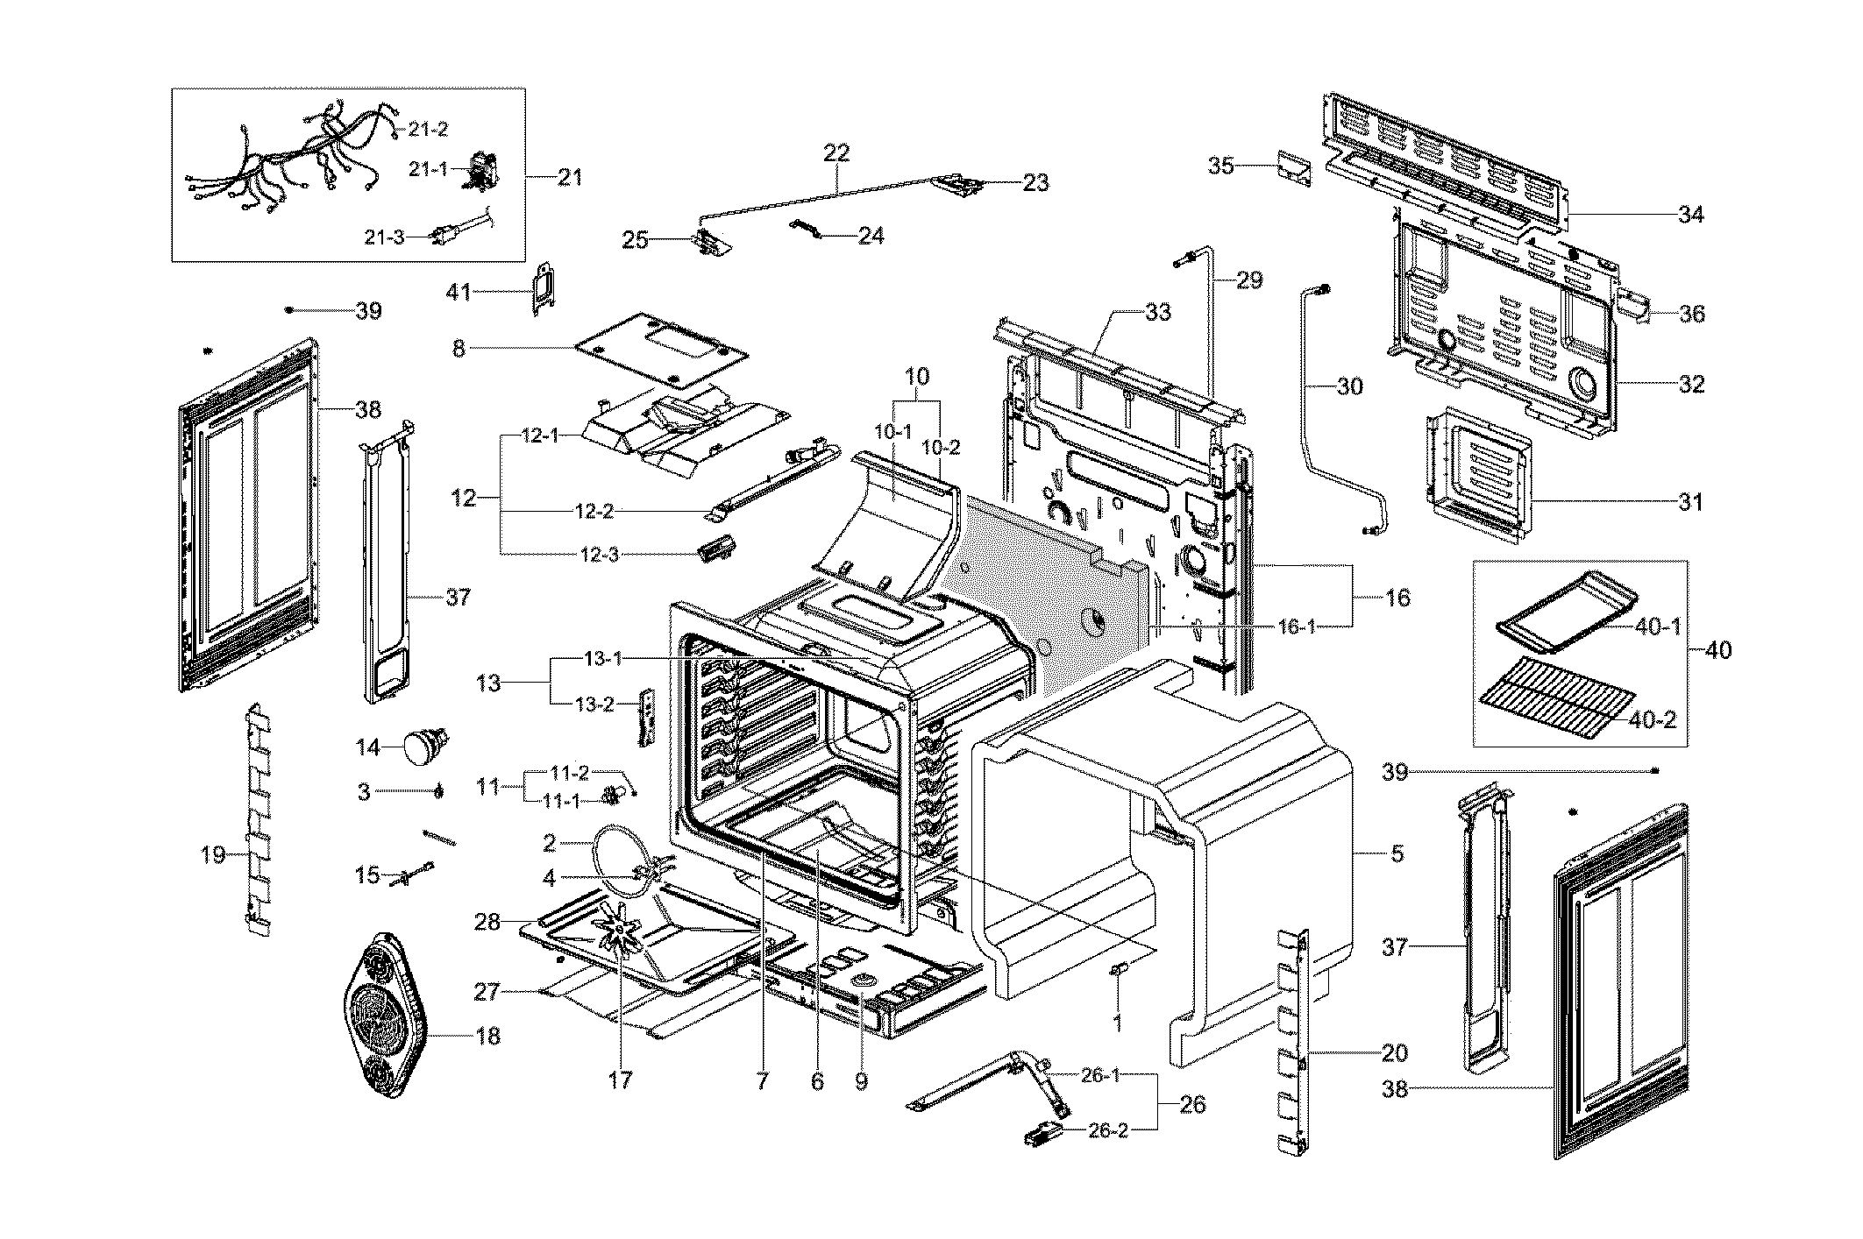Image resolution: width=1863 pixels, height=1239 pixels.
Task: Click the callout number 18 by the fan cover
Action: pyautogui.click(x=487, y=1036)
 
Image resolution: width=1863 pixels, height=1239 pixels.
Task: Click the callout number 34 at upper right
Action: pyautogui.click(x=1690, y=214)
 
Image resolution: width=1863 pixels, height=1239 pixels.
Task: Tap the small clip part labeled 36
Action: pyautogui.click(x=1632, y=304)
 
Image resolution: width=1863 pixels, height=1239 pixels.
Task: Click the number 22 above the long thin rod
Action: pyautogui.click(x=836, y=152)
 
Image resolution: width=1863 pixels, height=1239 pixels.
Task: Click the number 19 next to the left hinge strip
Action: pyautogui.click(x=213, y=854)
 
